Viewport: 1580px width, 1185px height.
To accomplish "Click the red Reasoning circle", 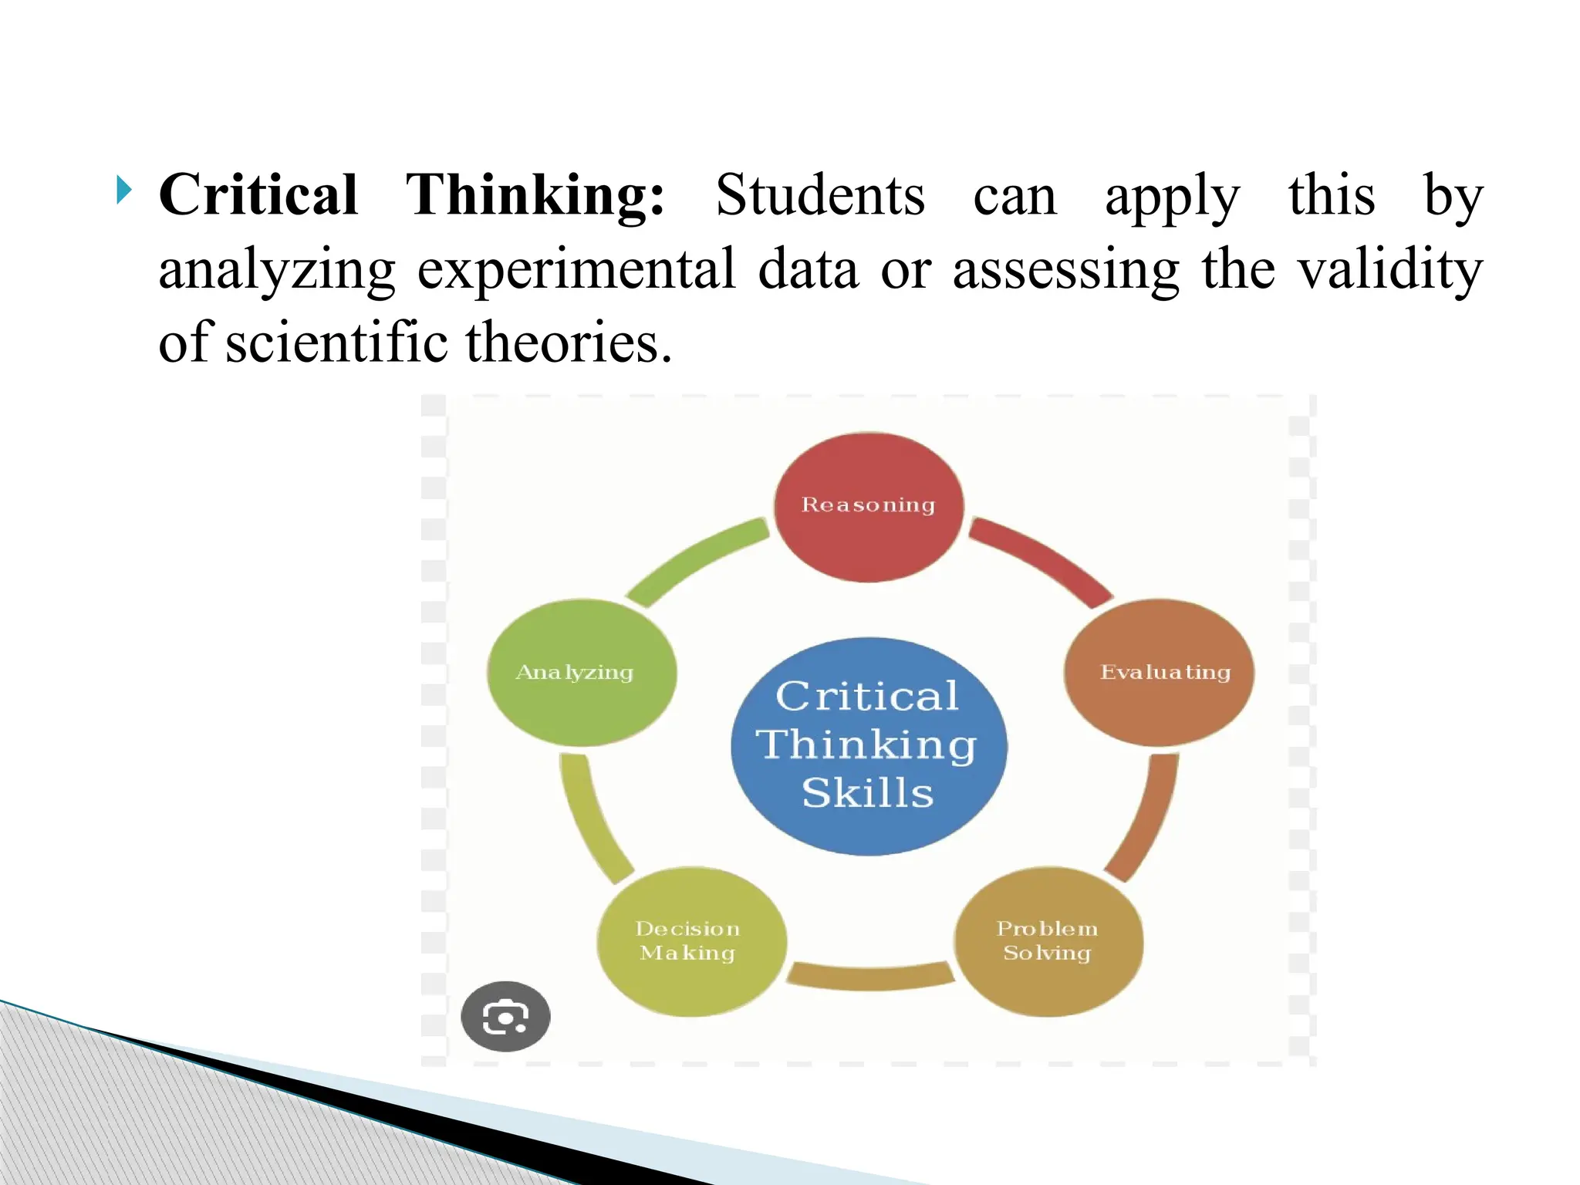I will (869, 507).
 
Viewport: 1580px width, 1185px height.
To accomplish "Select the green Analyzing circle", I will (582, 673).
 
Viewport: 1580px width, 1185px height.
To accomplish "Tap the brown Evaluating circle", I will (1159, 673).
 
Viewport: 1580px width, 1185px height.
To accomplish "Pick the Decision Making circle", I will (691, 941).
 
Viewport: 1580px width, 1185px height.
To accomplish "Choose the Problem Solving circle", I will (1048, 941).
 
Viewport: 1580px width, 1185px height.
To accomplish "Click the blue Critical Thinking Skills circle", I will (869, 747).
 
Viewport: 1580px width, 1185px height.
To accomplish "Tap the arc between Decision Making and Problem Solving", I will (870, 977).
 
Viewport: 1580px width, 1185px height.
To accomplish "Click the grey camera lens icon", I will (505, 1016).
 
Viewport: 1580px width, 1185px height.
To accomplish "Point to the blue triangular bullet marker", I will (124, 190).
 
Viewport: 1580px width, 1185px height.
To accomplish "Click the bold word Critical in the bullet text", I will (258, 194).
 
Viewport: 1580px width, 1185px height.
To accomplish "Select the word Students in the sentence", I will (819, 194).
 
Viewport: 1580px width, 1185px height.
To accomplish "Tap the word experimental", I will (576, 269).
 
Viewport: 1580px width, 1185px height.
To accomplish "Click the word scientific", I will (336, 343).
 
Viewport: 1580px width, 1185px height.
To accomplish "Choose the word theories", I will (569, 343).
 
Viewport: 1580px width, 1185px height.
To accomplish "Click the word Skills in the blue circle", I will (868, 793).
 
